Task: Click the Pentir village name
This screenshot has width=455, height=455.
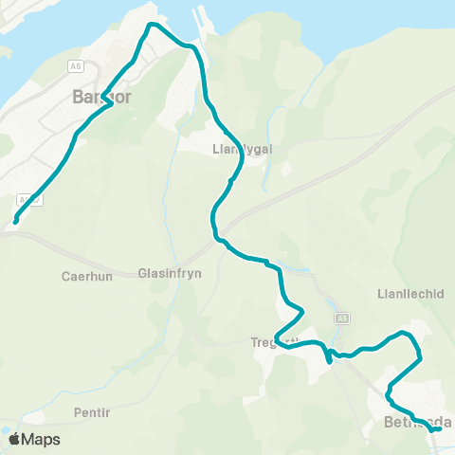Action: tap(92, 413)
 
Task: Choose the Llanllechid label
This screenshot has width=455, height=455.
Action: tap(410, 294)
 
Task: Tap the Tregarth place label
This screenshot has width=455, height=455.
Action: tap(276, 341)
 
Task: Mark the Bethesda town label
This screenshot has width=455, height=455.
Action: tap(417, 422)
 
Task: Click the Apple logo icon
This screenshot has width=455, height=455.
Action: tap(14, 439)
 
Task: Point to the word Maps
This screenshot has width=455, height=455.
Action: tap(41, 440)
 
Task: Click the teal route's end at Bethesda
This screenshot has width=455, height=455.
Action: tap(438, 429)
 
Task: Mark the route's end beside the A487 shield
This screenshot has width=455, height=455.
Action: tap(14, 223)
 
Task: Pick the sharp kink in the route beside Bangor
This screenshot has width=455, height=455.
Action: tap(110, 103)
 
